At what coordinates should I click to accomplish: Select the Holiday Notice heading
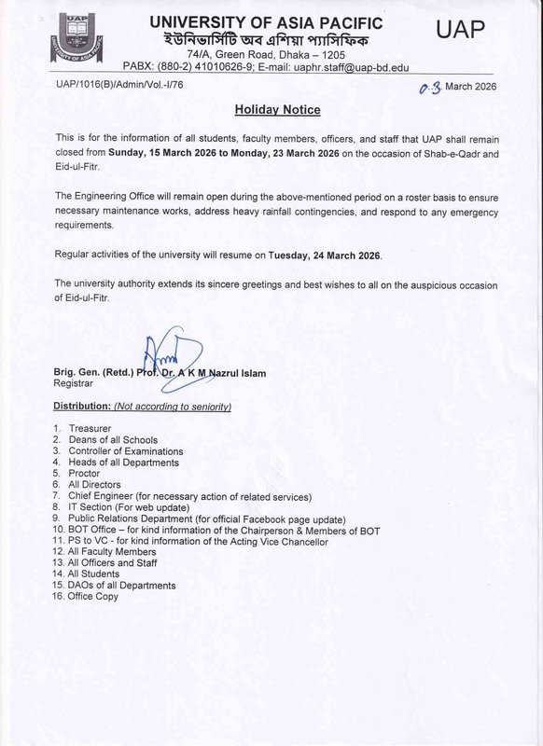[277, 110]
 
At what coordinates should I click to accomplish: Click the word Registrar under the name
[76, 383]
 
